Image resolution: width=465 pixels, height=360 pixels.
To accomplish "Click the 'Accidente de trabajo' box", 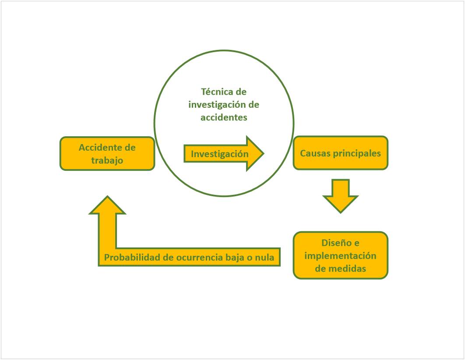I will (107, 153).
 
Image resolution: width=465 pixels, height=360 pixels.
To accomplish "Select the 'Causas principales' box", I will (340, 153).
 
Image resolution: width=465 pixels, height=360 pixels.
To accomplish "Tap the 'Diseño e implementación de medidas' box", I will (340, 255).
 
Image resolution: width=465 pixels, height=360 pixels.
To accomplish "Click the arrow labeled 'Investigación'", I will (220, 154).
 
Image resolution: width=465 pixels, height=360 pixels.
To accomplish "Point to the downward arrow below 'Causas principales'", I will (340, 195).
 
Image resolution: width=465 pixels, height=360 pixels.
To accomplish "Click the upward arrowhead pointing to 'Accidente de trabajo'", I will (107, 205).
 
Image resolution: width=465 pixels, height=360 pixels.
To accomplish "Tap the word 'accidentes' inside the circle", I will (224, 117).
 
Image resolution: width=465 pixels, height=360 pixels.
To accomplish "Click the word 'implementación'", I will (340, 255).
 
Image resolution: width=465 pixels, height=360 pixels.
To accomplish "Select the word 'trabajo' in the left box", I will (107, 160).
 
